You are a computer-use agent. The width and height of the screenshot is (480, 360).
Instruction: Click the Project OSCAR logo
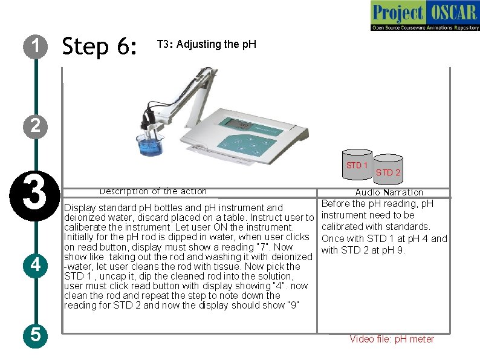pos(425,16)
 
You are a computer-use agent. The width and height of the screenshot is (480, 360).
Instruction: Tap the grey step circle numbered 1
pos(36,47)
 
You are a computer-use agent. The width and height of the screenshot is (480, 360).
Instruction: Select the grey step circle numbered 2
pos(36,126)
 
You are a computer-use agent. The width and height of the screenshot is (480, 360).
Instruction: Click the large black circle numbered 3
pos(35,196)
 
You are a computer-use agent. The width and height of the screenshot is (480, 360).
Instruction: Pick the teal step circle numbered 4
pos(36,266)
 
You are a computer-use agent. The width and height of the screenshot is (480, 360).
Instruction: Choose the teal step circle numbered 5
pos(36,335)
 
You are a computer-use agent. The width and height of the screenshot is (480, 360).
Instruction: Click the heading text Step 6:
pos(99,46)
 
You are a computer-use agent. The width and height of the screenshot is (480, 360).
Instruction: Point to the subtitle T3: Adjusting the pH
pos(207,44)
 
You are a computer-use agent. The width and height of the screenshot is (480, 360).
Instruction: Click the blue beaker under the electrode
pos(150,145)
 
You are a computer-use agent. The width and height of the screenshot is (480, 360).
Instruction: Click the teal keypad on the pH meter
pos(248,144)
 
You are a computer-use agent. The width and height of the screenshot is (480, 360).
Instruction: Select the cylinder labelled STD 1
pos(357,165)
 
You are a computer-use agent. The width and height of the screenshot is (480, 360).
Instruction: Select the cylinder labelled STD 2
pos(388,169)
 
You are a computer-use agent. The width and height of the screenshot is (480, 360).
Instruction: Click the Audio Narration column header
pos(389,192)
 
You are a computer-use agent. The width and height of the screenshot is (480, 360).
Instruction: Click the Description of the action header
pos(153,191)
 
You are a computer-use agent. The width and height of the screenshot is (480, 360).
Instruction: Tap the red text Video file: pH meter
pos(392,339)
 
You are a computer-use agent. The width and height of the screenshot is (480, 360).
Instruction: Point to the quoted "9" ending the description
pos(294,305)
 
